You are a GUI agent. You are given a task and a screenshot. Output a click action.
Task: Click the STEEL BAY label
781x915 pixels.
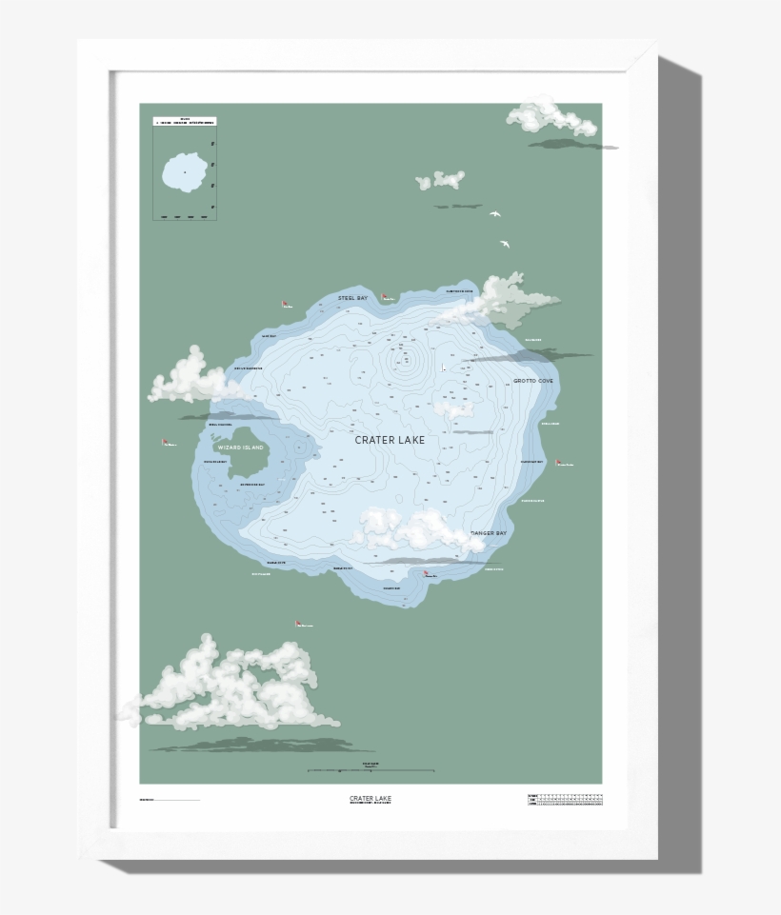point(352,298)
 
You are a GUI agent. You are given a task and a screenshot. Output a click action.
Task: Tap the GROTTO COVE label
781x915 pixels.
point(533,381)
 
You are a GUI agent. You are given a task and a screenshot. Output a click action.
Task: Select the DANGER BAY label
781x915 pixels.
point(489,534)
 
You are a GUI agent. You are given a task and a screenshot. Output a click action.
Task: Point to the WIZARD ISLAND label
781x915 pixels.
point(240,447)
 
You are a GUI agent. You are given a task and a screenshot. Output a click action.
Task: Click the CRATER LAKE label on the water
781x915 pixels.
point(390,440)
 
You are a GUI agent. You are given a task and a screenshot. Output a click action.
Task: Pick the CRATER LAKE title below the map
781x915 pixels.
point(370,798)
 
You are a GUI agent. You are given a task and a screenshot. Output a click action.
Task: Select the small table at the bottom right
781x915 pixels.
point(565,800)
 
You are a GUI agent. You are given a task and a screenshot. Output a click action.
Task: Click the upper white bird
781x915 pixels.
point(495,213)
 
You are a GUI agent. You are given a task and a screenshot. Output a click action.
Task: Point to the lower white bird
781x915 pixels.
point(505,244)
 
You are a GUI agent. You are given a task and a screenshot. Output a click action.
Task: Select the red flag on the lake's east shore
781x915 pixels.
point(560,461)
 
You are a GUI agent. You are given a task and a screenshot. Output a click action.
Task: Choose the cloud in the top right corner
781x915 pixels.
point(550,116)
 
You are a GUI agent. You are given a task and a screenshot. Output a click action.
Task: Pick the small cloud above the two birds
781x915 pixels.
point(441,179)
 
